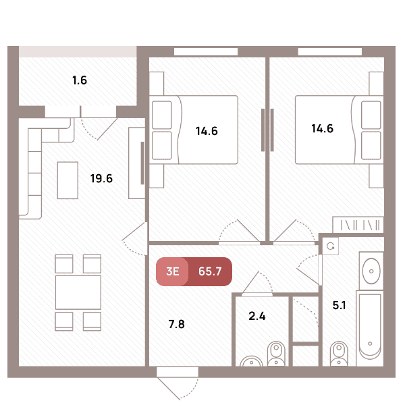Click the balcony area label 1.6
pyautogui.click(x=80, y=80)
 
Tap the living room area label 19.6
pyautogui.click(x=101, y=178)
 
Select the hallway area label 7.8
pyautogui.click(x=177, y=324)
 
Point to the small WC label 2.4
pyautogui.click(x=257, y=316)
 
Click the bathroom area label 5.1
pyautogui.click(x=339, y=305)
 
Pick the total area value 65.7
pyautogui.click(x=210, y=271)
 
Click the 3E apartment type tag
pyautogui.click(x=173, y=271)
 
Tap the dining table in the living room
pyautogui.click(x=78, y=292)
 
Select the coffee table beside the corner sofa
pyautogui.click(x=67, y=180)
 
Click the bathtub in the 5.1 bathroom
pyautogui.click(x=370, y=328)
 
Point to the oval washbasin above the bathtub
pyautogui.click(x=371, y=271)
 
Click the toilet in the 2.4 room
pyautogui.click(x=276, y=353)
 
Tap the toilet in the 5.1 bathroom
pyautogui.click(x=339, y=354)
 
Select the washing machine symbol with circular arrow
pyautogui.click(x=330, y=246)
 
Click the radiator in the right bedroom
pyautogui.click(x=358, y=225)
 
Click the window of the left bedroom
pyautogui.click(x=206, y=51)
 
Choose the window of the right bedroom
pyautogui.click(x=330, y=51)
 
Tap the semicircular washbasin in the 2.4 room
pyautogui.click(x=252, y=361)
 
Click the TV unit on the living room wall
pyautogui.click(x=137, y=163)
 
